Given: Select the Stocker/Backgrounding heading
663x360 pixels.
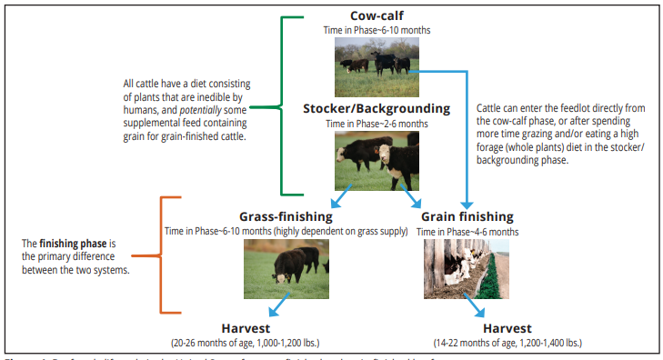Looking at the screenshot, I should (376, 108).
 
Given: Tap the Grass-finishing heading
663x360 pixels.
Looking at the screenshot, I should (286, 216).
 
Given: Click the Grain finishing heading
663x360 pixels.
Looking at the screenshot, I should (467, 216).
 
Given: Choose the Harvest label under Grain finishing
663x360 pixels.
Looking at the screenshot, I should (508, 327).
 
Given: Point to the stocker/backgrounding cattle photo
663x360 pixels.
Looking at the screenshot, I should (377, 156).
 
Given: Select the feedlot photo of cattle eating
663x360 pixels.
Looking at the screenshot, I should (467, 269).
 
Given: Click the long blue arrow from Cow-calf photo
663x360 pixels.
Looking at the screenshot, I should (467, 136).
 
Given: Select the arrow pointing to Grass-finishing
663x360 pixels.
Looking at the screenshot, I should (345, 197).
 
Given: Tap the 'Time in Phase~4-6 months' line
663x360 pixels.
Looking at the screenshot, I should (467, 232).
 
